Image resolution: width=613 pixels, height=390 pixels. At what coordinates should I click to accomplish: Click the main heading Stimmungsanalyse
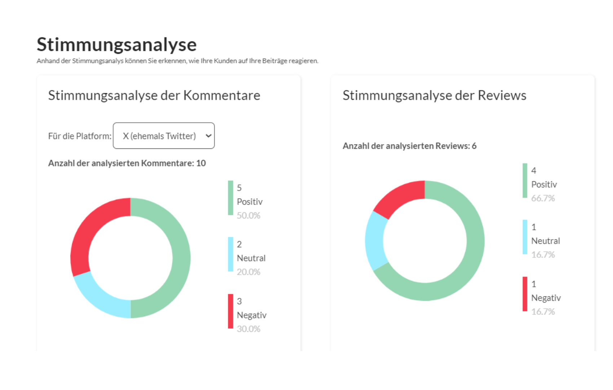116,44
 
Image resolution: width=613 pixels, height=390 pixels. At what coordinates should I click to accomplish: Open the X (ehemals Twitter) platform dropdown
164,136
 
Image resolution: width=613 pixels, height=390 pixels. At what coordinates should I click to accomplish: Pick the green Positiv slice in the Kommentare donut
178,258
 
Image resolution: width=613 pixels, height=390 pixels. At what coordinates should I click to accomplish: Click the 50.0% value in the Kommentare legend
248,216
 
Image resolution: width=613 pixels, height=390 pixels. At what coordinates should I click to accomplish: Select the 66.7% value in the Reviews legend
543,198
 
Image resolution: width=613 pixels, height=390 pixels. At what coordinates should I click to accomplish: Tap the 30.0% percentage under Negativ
248,329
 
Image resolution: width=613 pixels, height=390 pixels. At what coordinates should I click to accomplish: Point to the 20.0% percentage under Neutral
248,272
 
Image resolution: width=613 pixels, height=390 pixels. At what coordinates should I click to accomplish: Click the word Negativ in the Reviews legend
546,298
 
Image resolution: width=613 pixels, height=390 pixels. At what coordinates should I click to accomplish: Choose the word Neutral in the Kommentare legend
251,258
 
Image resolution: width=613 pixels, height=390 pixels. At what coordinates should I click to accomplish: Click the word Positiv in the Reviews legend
544,185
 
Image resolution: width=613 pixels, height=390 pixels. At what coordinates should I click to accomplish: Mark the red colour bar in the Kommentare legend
230,311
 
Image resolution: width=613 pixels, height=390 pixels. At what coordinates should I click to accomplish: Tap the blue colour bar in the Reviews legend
525,237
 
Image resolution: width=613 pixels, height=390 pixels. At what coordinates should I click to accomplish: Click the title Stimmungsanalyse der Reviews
434,95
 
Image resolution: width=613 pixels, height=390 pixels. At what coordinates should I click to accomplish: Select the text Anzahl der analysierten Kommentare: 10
127,163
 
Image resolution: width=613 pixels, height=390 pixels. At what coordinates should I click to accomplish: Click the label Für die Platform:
80,136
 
